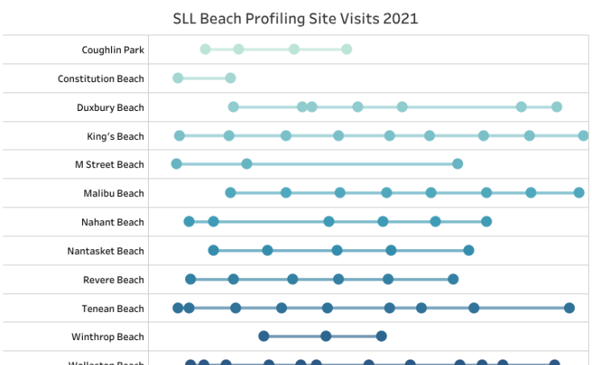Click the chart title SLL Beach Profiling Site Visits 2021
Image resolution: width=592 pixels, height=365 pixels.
click(x=295, y=18)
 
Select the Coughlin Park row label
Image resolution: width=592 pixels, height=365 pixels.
click(x=113, y=50)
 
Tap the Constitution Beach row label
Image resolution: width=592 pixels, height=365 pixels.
click(x=101, y=79)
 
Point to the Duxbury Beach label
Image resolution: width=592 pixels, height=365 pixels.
click(x=110, y=108)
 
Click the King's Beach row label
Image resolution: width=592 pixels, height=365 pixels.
click(x=115, y=137)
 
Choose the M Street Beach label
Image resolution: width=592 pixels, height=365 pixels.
click(x=109, y=165)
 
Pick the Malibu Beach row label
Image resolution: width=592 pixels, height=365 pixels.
click(x=113, y=194)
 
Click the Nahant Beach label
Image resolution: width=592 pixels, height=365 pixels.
click(x=113, y=223)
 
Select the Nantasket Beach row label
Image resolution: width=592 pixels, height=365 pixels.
click(x=105, y=252)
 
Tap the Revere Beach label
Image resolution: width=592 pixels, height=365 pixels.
click(x=113, y=281)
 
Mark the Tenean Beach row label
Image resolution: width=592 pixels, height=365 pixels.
click(x=113, y=309)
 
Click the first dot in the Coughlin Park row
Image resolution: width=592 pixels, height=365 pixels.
click(x=205, y=49)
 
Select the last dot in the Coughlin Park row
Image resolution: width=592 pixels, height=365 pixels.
click(x=347, y=49)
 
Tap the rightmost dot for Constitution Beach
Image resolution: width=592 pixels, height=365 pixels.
click(x=231, y=78)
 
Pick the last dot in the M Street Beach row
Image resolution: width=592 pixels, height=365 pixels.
click(x=458, y=164)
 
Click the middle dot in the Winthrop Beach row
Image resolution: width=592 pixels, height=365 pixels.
click(x=326, y=336)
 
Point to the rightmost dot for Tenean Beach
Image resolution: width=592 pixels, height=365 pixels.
click(x=569, y=308)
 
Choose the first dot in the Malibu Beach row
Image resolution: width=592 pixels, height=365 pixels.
click(x=231, y=192)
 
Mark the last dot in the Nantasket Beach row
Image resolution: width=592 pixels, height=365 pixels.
click(x=469, y=250)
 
